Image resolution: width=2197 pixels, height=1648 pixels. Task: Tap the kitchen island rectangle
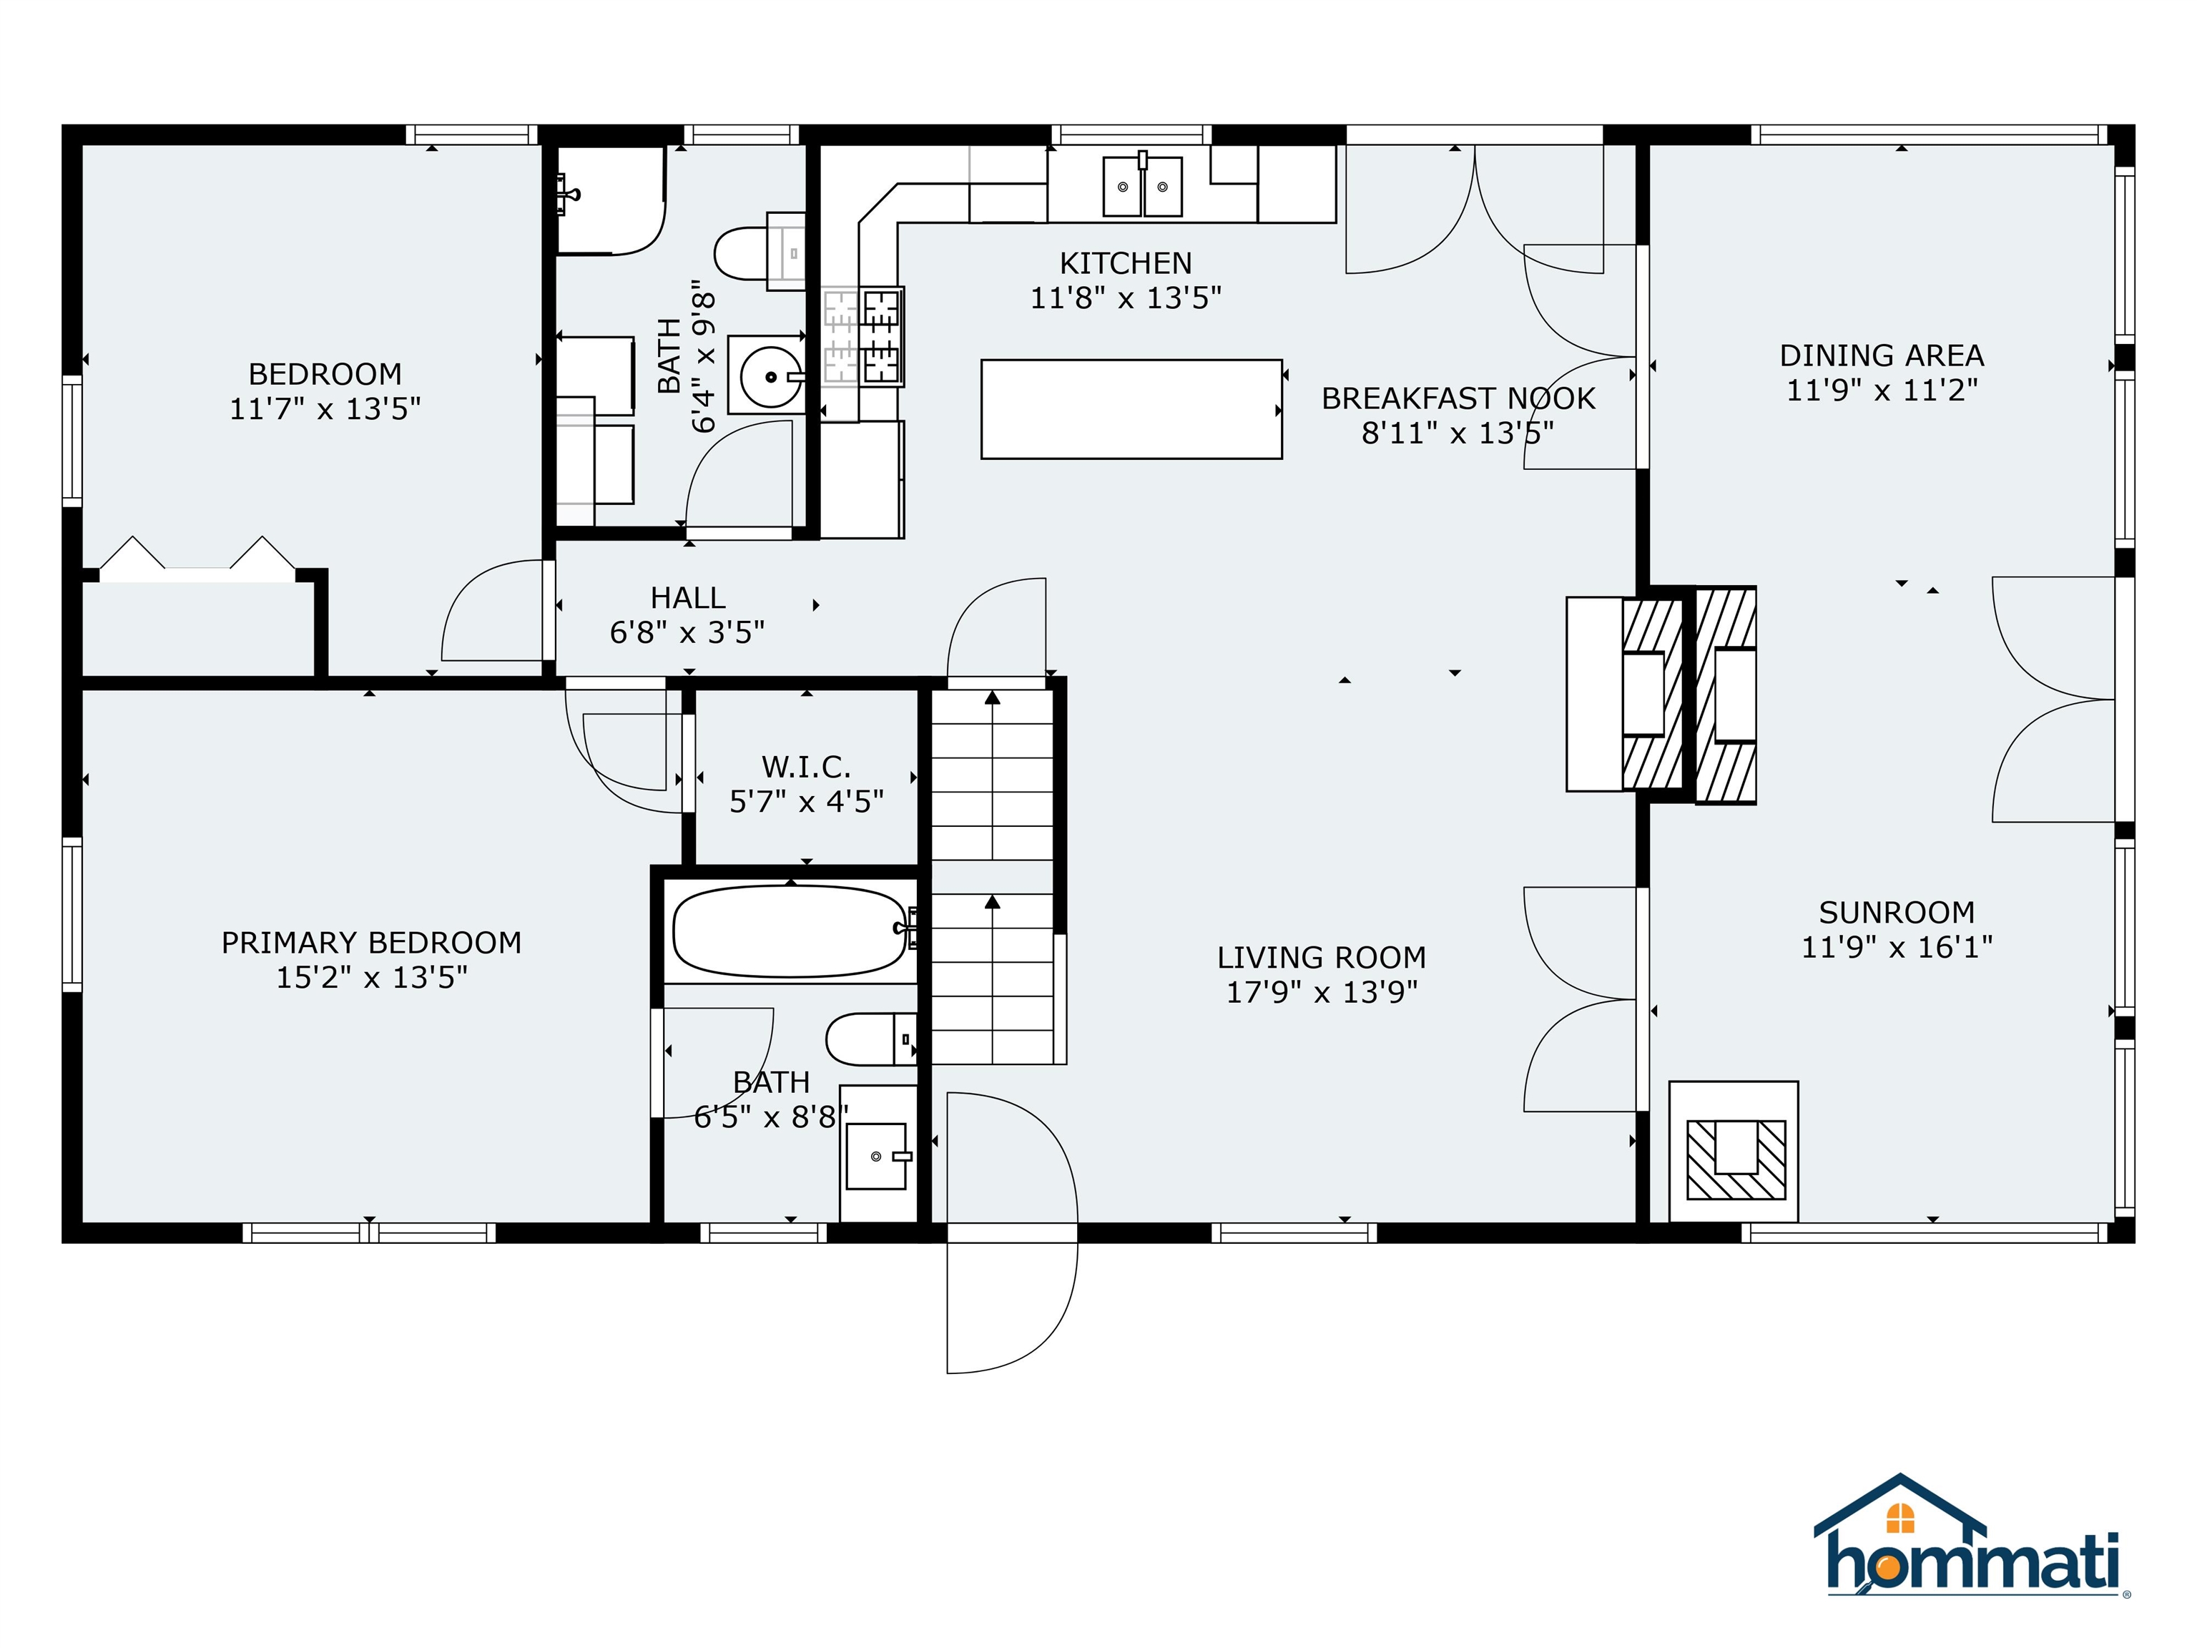[x=1131, y=409]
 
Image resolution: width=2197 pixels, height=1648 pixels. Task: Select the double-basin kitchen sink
[x=1142, y=186]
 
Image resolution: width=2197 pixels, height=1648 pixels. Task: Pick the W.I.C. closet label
[x=807, y=767]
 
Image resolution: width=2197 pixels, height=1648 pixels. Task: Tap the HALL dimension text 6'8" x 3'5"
[x=687, y=632]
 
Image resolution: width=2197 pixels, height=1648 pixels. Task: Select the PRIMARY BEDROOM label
[x=371, y=943]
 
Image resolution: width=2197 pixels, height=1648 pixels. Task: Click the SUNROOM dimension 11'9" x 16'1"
[x=1897, y=947]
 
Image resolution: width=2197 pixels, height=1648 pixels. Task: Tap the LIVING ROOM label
[x=1322, y=958]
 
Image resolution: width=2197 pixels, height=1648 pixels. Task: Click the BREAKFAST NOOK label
[x=1458, y=398]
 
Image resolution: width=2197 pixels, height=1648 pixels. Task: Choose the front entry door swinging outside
[x=1011, y=1308]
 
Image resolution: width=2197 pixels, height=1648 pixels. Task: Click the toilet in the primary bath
[x=871, y=1039]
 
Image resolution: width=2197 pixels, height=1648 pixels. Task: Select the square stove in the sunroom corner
[x=1733, y=1152]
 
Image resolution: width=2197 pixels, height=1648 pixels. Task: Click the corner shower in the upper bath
[x=610, y=201]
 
